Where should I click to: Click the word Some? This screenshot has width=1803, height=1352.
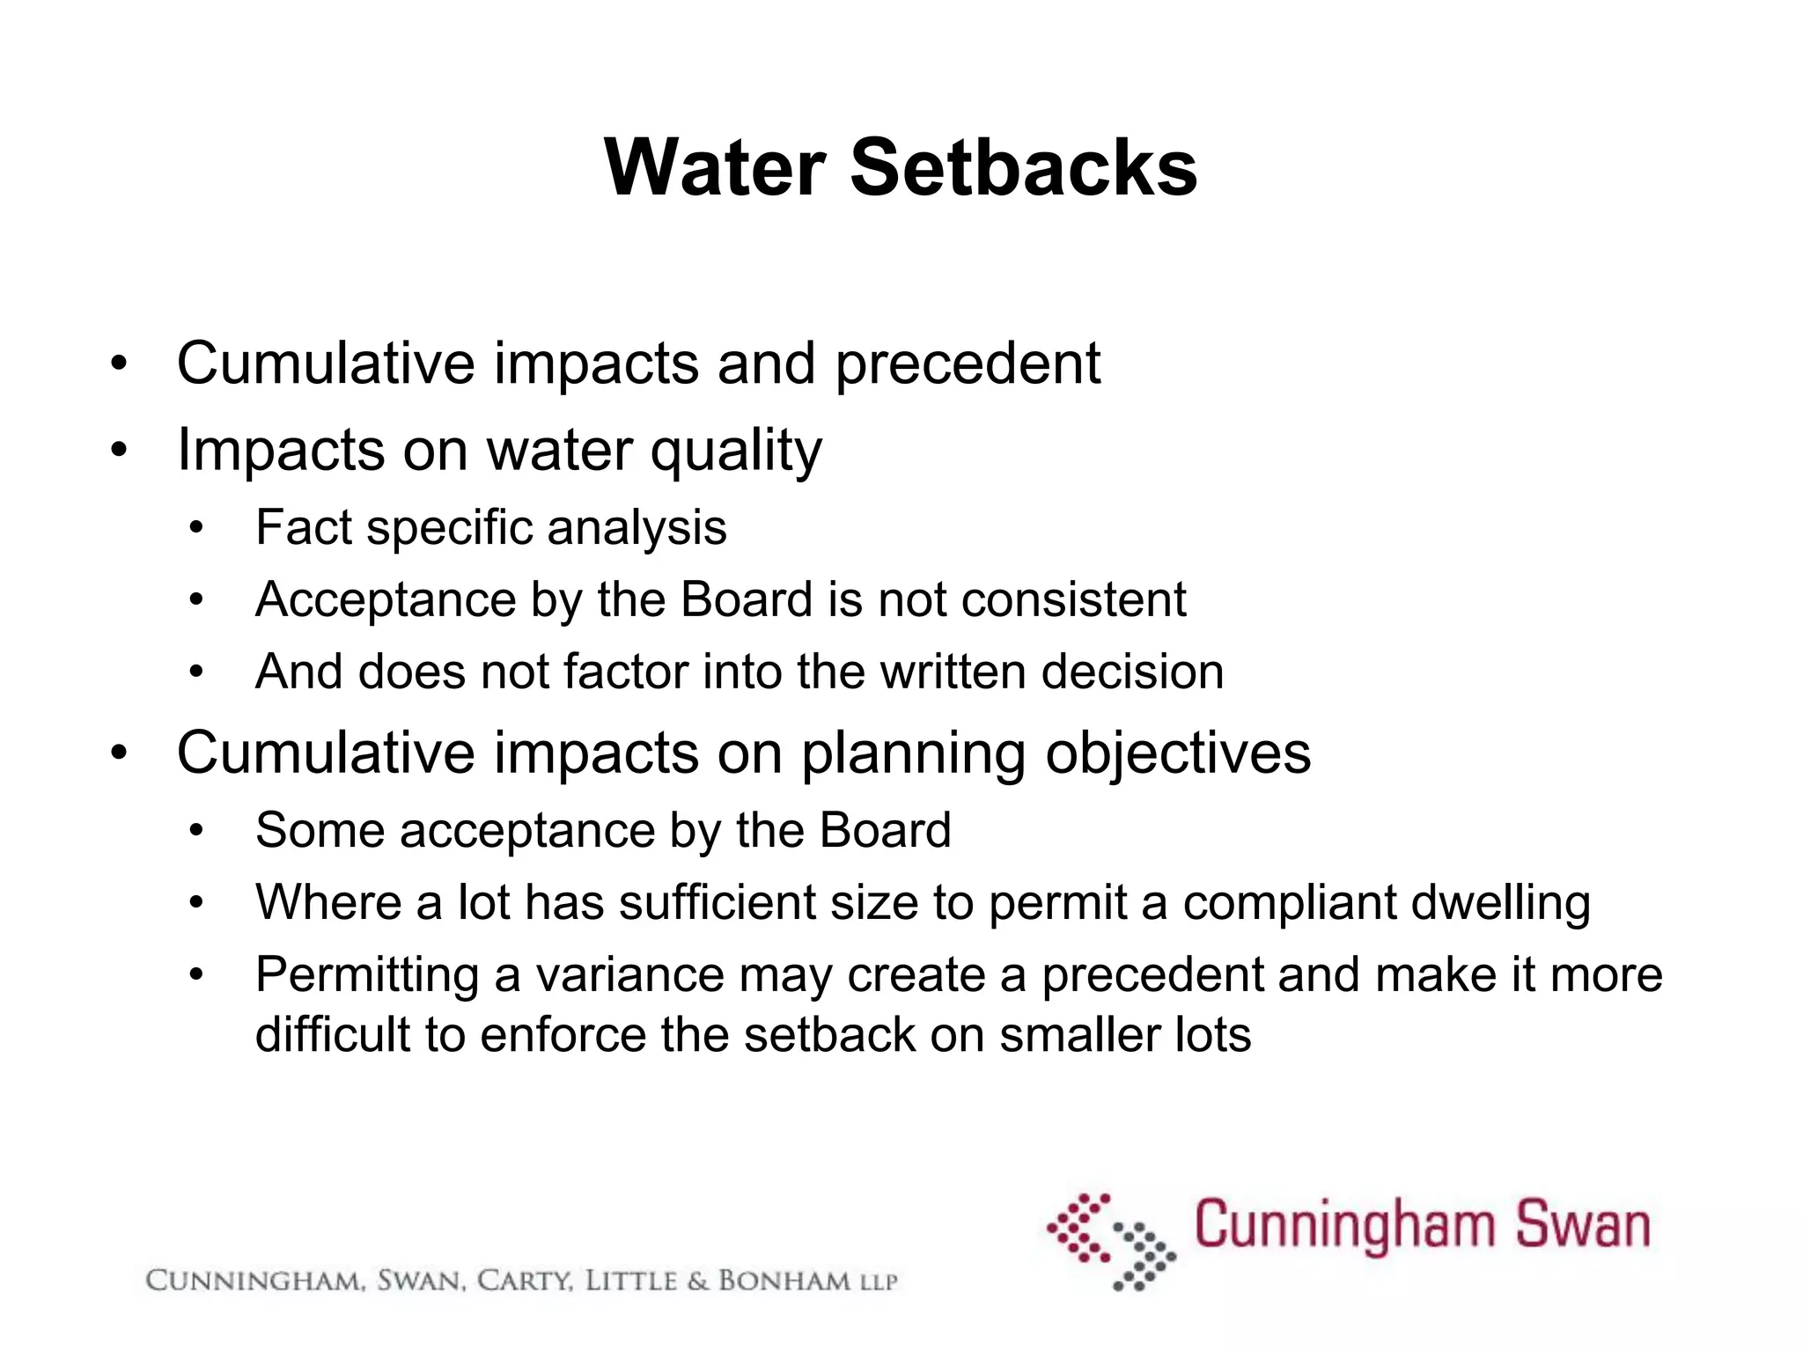(x=320, y=830)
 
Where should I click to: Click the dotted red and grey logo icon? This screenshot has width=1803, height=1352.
(x=1111, y=1241)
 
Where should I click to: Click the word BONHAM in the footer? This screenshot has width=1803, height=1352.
(x=784, y=1281)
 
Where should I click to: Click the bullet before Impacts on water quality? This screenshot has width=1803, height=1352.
(x=120, y=451)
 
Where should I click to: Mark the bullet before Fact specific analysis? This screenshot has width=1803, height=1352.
(x=196, y=528)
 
